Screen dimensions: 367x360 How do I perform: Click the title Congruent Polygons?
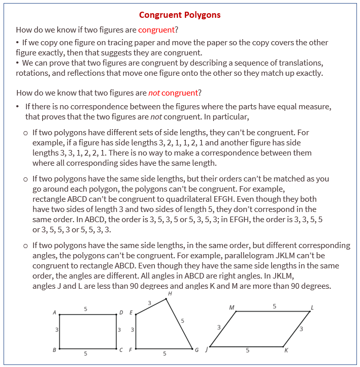180,15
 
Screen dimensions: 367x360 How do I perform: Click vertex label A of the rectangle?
54,313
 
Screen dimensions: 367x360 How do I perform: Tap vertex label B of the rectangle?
54,350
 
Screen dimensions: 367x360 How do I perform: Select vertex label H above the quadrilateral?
169,293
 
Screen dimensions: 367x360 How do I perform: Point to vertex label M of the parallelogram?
232,308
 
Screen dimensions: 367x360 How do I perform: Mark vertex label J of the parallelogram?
205,350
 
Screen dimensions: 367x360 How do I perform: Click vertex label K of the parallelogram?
286,351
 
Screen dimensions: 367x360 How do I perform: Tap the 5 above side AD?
85,309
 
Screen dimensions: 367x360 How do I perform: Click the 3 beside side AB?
56,330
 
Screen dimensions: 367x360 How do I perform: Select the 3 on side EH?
149,303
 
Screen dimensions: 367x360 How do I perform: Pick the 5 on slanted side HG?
182,321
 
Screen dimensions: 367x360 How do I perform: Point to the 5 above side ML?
274,306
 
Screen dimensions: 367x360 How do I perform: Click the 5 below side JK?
247,350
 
